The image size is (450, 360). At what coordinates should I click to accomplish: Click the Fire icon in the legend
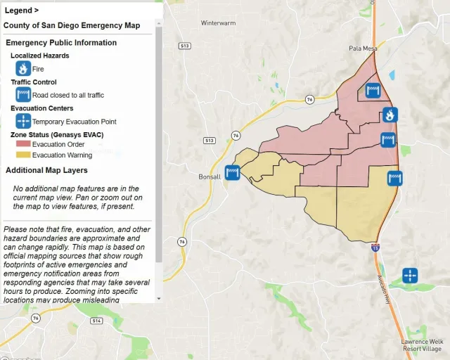23,69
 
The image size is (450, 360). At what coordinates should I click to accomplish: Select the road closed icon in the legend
23,95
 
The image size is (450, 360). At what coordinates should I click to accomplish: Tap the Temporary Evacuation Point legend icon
23,121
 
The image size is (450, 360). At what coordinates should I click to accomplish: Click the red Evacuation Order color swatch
23,144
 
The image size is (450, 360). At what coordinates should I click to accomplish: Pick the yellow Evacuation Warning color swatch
23,155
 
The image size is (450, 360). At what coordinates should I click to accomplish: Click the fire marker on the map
390,114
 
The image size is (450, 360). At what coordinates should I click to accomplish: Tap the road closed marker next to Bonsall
233,172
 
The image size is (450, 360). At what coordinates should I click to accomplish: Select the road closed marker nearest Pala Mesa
373,90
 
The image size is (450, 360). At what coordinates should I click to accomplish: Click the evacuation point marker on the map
409,275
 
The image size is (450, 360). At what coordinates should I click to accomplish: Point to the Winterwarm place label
217,23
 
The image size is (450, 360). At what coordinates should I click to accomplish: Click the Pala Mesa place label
364,49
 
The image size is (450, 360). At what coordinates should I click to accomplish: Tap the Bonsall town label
210,176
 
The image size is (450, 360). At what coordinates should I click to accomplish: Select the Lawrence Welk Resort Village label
421,345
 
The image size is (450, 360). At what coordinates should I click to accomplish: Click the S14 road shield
96,321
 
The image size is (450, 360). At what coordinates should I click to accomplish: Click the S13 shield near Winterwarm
184,46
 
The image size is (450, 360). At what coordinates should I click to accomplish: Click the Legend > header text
22,11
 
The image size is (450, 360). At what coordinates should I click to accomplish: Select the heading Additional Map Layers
46,170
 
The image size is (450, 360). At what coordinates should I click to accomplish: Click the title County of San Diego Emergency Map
71,25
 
